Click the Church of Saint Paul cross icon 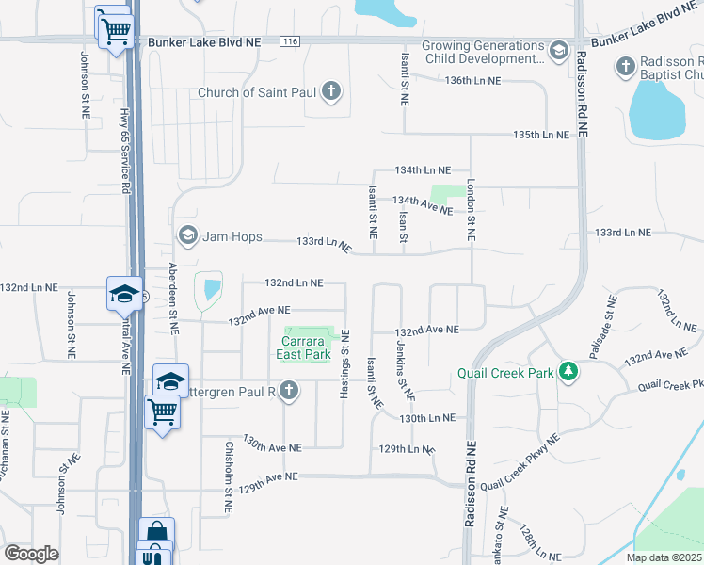330,92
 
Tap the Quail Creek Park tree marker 568,372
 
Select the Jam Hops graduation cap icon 186,234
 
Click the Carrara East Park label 304,347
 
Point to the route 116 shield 290,41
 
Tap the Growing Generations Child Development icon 558,50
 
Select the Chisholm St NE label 228,479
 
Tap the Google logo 32,554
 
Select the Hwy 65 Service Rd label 124,151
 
